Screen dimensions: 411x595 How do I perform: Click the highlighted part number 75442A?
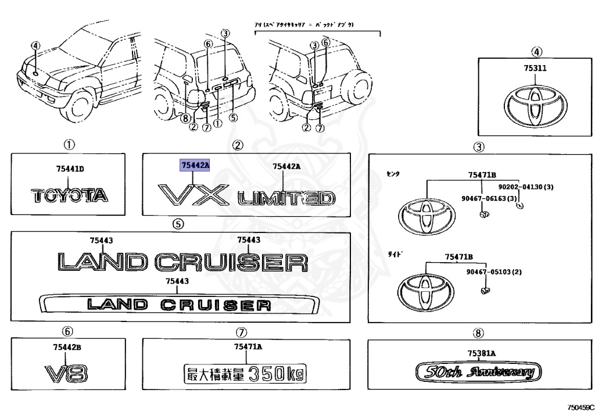pyautogui.click(x=195, y=166)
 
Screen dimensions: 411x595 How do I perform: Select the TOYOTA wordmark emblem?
pyautogui.click(x=70, y=195)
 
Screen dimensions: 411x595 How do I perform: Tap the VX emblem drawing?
pyautogui.click(x=193, y=195)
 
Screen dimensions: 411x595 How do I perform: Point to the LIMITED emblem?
pyautogui.click(x=286, y=199)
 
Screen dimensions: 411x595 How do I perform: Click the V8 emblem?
pyautogui.click(x=67, y=373)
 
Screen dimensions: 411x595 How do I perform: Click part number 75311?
pyautogui.click(x=535, y=68)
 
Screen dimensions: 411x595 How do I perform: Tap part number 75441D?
pyautogui.click(x=70, y=169)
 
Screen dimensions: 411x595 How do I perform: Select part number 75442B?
pyautogui.click(x=67, y=347)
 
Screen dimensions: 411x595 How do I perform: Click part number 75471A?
pyautogui.click(x=249, y=347)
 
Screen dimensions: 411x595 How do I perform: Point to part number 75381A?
pyautogui.click(x=481, y=353)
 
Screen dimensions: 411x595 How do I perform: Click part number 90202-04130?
pyautogui.click(x=521, y=187)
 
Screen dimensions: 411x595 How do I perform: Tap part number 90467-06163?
pyautogui.click(x=485, y=198)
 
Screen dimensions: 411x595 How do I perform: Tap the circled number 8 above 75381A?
pyautogui.click(x=478, y=333)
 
